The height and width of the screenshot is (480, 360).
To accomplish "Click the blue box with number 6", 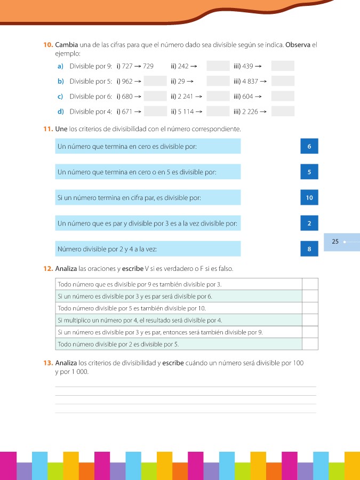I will [309, 147].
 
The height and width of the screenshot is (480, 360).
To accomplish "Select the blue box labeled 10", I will [309, 198].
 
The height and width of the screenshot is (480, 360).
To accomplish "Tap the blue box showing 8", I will [309, 249].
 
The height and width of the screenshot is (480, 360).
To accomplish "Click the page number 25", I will [335, 242].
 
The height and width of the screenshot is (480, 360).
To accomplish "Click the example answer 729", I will [148, 66].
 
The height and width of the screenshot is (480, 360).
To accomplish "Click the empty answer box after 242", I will [217, 66].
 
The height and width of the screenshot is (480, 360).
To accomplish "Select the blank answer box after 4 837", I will [283, 81].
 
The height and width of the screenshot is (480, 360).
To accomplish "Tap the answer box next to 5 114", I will [217, 111].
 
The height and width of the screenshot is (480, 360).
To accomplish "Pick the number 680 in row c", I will [127, 97].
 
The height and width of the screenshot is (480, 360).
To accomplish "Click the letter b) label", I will [60, 81].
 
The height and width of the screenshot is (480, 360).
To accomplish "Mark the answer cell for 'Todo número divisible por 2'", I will [310, 343].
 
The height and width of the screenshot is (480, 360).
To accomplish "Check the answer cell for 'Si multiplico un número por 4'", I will [310, 320].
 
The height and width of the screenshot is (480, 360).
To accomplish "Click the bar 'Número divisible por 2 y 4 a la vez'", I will [148, 249].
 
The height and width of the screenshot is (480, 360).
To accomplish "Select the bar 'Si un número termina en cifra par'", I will [148, 198].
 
